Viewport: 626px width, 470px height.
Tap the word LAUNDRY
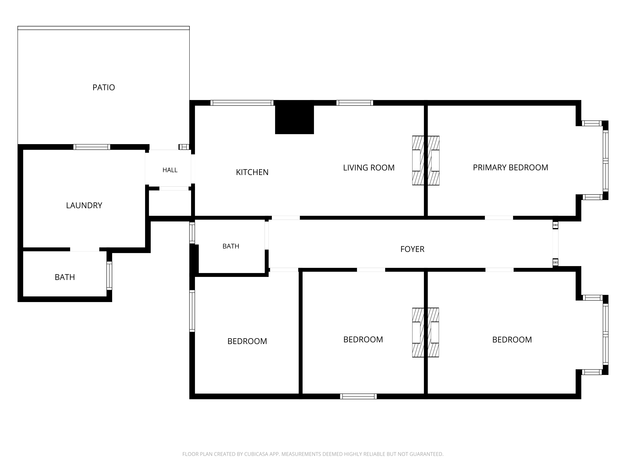click(84, 205)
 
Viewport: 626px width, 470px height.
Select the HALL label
click(170, 170)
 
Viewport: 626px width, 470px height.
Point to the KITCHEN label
click(252, 172)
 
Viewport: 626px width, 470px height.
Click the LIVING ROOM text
click(369, 168)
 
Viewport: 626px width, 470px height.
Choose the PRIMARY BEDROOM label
click(511, 167)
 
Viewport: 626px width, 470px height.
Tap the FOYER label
click(412, 249)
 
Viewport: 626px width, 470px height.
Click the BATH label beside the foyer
click(231, 246)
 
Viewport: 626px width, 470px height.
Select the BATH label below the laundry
click(65, 277)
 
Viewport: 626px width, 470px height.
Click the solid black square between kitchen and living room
click(294, 117)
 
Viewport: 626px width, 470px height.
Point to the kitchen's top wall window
click(242, 103)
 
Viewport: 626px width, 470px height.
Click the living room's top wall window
click(355, 103)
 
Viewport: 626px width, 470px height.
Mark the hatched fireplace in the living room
click(418, 161)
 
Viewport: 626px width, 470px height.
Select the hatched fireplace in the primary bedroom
click(433, 161)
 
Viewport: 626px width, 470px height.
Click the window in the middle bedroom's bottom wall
click(358, 396)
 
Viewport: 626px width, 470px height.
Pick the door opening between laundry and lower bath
click(85, 249)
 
